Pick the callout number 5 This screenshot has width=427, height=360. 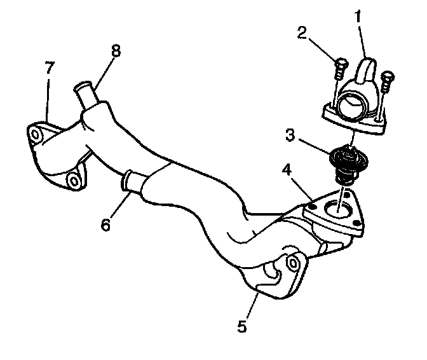241,326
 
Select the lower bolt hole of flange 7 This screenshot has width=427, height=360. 75,182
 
